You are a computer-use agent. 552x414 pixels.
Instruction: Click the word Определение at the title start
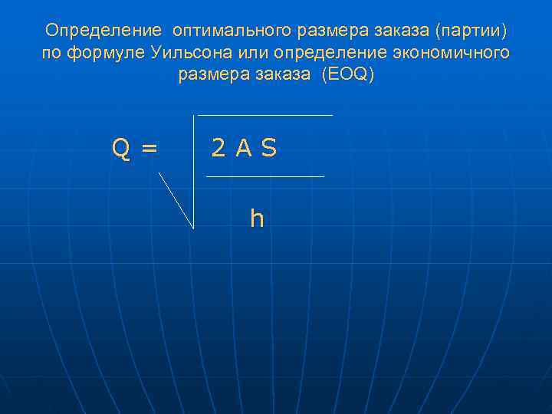(103, 31)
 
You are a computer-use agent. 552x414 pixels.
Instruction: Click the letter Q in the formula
(120, 149)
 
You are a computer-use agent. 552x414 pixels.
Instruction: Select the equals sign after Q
(149, 149)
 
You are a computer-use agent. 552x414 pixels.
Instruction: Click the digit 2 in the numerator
(219, 149)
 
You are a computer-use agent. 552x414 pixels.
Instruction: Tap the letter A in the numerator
(243, 149)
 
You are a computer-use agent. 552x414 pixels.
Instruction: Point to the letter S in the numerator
(268, 149)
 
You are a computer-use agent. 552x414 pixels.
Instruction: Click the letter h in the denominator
(257, 219)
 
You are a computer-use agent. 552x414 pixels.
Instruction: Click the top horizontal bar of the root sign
(265, 115)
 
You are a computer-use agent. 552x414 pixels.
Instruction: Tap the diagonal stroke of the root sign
(176, 199)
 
